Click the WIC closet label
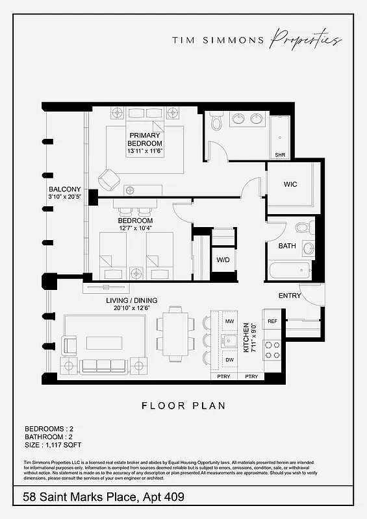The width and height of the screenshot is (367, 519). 290,184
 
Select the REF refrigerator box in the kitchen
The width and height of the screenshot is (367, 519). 272,321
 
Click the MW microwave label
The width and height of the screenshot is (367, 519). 229,321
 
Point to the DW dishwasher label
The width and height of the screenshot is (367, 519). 229,359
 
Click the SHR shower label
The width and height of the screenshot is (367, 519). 280,155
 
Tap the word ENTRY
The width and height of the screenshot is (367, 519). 290,296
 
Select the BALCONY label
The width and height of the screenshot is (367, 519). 64,190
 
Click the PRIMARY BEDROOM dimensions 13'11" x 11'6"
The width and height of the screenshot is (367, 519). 145,151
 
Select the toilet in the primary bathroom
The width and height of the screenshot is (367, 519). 217,121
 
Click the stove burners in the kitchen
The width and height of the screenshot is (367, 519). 272,350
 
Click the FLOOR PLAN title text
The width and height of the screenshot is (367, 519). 183,406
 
